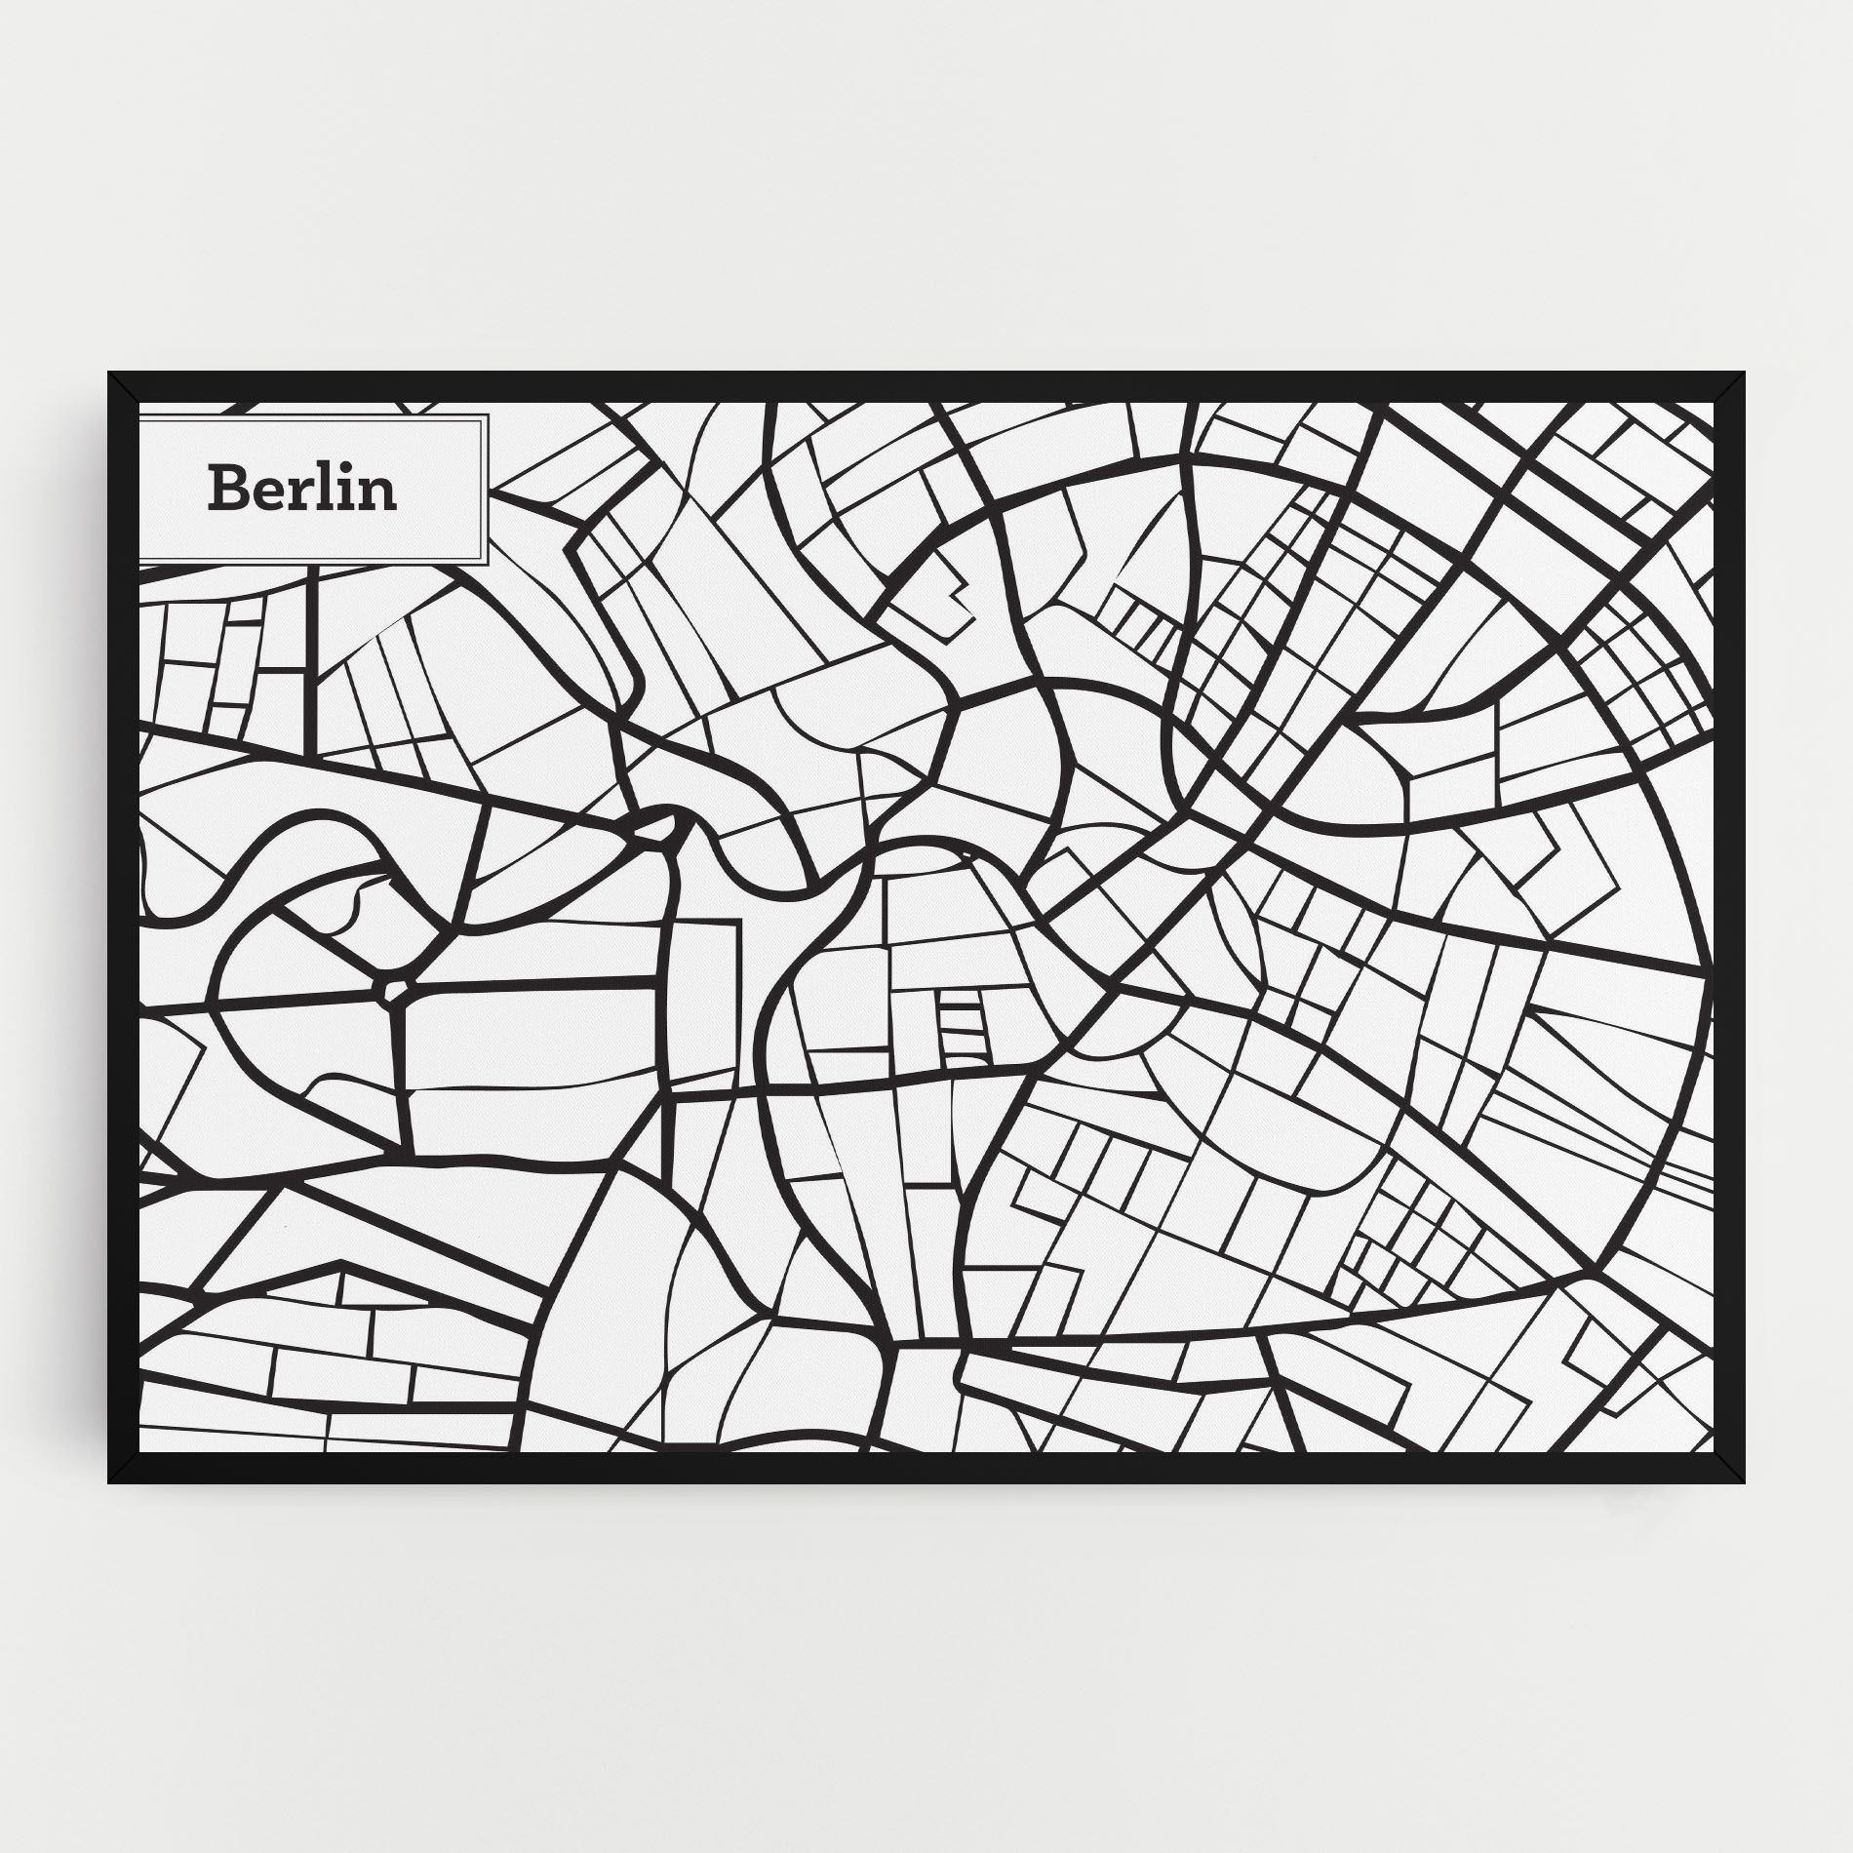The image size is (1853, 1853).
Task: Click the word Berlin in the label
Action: pos(302,489)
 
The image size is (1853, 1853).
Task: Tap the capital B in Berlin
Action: pos(225,489)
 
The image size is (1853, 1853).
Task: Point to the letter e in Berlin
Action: pos(268,494)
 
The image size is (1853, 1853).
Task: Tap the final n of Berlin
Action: pos(377,494)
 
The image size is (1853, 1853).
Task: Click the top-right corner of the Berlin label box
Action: pos(486,415)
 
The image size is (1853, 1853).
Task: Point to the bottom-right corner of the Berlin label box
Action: pos(486,563)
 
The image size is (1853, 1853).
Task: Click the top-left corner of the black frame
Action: pos(110,374)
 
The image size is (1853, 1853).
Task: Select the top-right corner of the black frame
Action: pos(1745,374)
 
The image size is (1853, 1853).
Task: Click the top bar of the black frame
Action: pos(926,386)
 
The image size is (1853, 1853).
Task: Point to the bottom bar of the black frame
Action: pos(926,1469)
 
